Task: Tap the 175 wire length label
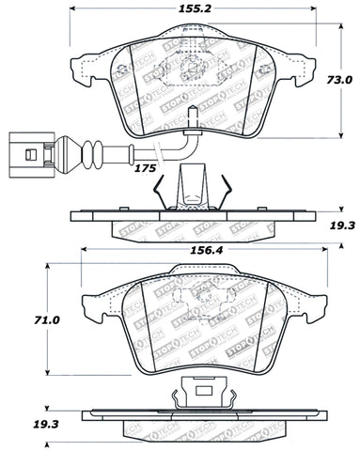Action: (x=146, y=167)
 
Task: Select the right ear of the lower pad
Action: (x=309, y=303)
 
